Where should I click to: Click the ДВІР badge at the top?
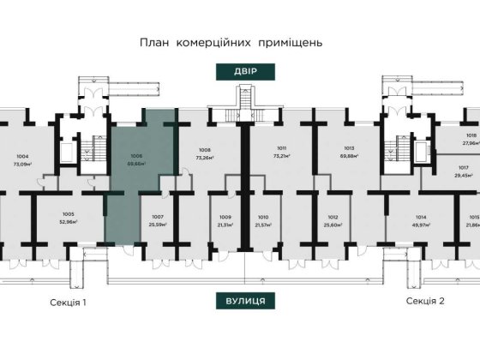(240, 72)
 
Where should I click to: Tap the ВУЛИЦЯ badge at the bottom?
(240, 302)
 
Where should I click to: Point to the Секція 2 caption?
(425, 302)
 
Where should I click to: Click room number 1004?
(22, 156)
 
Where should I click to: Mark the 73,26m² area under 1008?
(204, 158)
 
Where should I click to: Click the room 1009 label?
(225, 217)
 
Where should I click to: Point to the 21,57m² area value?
(264, 224)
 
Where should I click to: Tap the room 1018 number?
(471, 135)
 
